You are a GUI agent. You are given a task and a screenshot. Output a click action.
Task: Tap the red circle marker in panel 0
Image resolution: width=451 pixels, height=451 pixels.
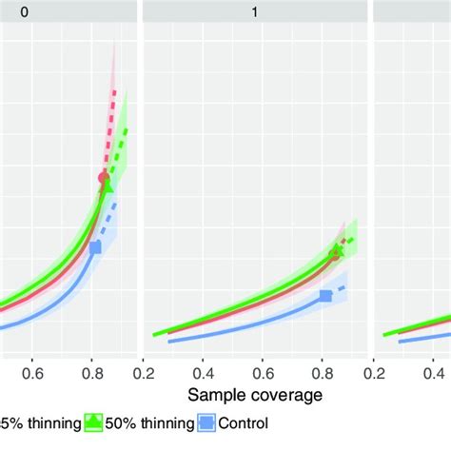(x=104, y=178)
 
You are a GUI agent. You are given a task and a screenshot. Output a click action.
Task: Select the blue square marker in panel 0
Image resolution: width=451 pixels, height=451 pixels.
(x=95, y=247)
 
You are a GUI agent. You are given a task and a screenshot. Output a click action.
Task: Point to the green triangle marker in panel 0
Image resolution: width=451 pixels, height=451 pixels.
(x=107, y=186)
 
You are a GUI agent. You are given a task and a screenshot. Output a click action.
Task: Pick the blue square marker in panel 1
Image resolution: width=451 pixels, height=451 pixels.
(x=325, y=296)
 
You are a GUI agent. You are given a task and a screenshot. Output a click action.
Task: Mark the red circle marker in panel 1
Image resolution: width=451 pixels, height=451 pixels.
(x=334, y=254)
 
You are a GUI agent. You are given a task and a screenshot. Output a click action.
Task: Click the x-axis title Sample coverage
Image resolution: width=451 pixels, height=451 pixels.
(x=254, y=393)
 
